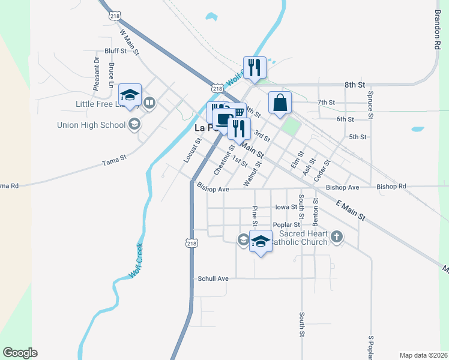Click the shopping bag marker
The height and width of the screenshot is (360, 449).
280,102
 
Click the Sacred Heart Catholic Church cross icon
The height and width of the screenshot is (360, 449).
337,236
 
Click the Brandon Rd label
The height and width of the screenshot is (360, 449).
437,31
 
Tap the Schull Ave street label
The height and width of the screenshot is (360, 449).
213,279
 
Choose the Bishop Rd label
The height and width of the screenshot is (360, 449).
391,187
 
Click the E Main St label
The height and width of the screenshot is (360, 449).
351,211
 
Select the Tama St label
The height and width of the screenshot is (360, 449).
114,161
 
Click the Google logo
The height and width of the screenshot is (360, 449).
20,352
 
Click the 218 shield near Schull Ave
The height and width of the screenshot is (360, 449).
190,243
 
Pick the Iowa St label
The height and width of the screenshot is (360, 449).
286,207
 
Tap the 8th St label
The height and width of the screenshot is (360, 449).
354,86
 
